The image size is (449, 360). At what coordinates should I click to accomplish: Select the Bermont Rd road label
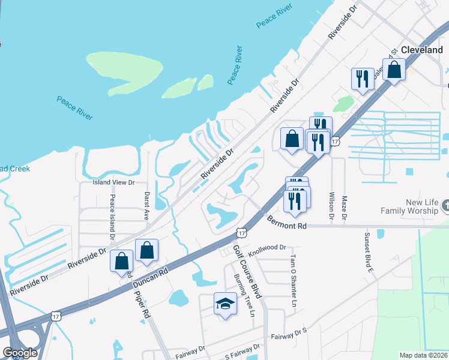click(x=287, y=223)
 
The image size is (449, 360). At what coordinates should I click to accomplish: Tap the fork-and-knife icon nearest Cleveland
click(x=362, y=80)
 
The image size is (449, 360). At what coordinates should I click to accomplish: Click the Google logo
click(x=20, y=353)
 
